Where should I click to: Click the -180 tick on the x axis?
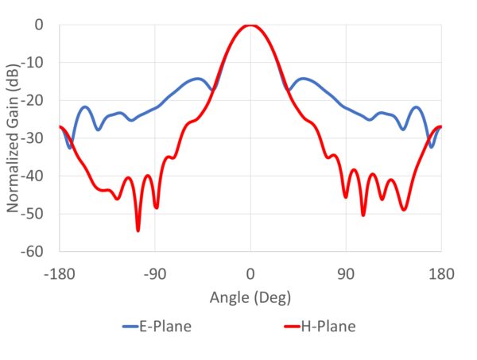tap(59, 274)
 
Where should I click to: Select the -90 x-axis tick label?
tap(155, 274)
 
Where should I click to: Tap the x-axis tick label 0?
tap(250, 274)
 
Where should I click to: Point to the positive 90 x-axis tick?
tap(346, 274)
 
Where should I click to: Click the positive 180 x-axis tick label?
tap(441, 274)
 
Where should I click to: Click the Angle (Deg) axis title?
tap(250, 298)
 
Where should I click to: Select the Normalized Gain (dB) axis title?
tap(14, 137)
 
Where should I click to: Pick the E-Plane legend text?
tap(167, 327)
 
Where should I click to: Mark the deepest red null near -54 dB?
tap(138, 230)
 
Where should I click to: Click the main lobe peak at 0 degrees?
tap(250, 25)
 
